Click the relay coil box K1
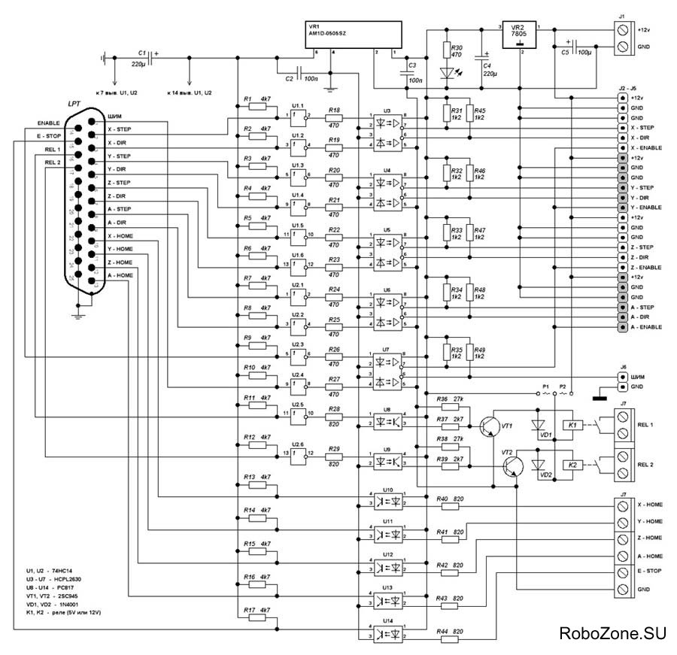(572, 426)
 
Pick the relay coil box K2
(572, 466)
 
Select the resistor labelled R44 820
(451, 638)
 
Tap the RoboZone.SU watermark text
(612, 633)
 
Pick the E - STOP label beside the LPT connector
(48, 135)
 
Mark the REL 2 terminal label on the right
(648, 464)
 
